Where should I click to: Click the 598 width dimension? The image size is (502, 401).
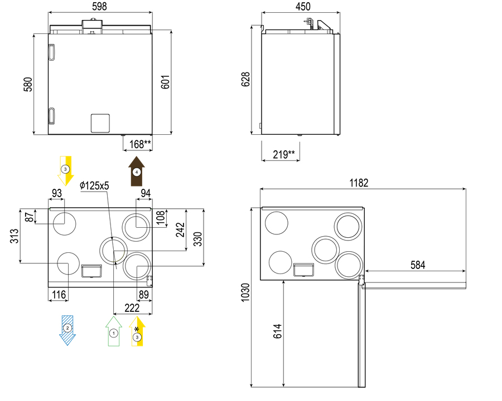click(x=99, y=6)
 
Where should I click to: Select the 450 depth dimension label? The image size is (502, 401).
click(x=303, y=6)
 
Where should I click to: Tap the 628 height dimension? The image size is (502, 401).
click(x=245, y=79)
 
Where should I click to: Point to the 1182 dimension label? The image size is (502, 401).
click(x=359, y=183)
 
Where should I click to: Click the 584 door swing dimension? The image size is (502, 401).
click(x=418, y=265)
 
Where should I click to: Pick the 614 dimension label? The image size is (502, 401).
click(x=277, y=331)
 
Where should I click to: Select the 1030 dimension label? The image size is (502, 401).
click(x=245, y=292)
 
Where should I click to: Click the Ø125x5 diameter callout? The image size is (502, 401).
click(x=94, y=185)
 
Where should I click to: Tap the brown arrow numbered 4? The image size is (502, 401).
click(x=137, y=171)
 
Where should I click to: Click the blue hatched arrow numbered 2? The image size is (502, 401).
click(x=67, y=330)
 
